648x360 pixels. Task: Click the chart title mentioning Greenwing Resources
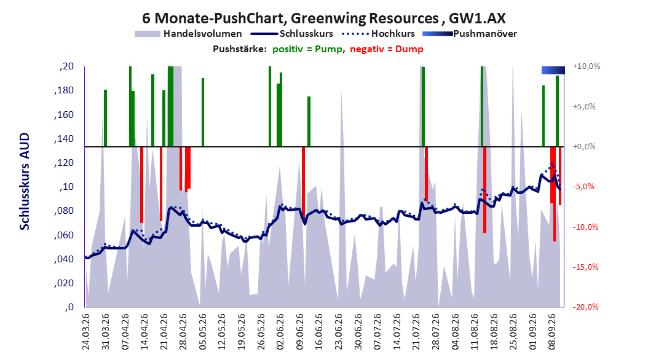(x=324, y=18)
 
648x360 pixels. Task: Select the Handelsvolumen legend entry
(x=188, y=34)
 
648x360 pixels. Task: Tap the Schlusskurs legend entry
(x=291, y=34)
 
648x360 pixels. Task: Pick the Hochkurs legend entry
(x=379, y=34)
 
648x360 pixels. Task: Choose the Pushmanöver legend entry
(x=470, y=34)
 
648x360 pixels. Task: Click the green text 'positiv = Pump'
(x=307, y=49)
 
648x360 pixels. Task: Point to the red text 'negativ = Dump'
(x=387, y=49)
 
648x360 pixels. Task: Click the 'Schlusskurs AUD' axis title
(x=25, y=182)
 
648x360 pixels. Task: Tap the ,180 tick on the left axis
(x=64, y=90)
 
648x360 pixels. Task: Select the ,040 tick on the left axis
(x=64, y=259)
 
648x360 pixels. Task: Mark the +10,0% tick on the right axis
(x=587, y=66)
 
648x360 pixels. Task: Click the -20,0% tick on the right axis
(x=585, y=307)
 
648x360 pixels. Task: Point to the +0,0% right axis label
(x=584, y=147)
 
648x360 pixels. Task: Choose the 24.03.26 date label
(x=86, y=332)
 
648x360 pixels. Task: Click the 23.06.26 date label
(x=339, y=332)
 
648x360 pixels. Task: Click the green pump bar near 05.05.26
(x=203, y=112)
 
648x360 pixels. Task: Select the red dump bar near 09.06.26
(x=303, y=180)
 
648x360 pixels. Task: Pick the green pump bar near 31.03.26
(x=105, y=118)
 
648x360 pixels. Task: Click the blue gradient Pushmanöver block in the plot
(x=553, y=70)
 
